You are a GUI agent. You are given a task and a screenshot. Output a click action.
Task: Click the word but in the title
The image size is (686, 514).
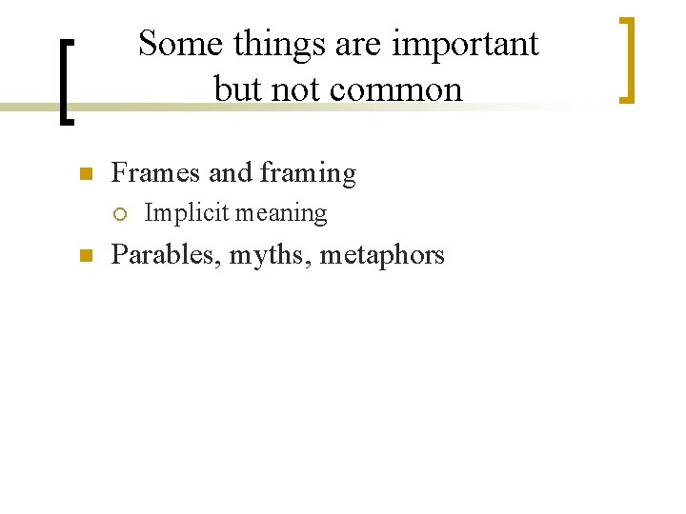point(235,89)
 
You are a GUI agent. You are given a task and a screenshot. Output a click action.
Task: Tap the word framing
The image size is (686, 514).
point(308,173)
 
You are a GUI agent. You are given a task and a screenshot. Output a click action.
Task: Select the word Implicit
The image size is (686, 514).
point(187,213)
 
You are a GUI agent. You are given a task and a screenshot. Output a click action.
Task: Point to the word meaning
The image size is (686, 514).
point(282,213)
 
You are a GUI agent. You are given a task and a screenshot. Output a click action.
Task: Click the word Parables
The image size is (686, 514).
point(164,255)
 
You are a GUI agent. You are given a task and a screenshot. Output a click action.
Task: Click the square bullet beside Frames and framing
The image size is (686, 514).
point(84,174)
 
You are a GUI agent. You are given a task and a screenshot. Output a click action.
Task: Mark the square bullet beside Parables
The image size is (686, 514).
point(84,256)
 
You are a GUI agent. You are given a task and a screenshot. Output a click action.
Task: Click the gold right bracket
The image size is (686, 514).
point(627,59)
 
